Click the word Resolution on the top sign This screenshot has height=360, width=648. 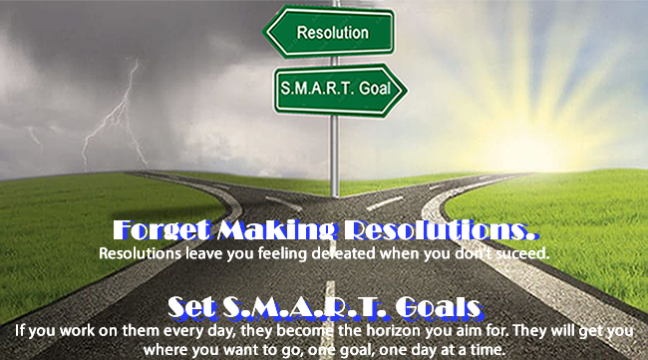(x=333, y=33)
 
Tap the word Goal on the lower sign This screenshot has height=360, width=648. (x=375, y=88)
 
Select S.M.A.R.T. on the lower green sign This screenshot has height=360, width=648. (x=317, y=88)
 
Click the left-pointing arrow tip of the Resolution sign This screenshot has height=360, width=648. (x=264, y=32)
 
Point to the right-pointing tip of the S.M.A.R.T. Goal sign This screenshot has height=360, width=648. (x=407, y=90)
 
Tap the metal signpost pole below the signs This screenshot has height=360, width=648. (x=335, y=157)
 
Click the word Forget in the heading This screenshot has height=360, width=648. (x=162, y=229)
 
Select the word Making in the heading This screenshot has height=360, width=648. (x=276, y=229)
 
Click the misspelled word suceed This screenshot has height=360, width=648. (x=522, y=253)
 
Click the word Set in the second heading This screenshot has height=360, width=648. (x=191, y=307)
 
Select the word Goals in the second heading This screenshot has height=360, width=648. (x=439, y=307)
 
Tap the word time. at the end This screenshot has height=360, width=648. (x=488, y=350)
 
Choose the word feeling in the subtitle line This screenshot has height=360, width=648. (x=282, y=253)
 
